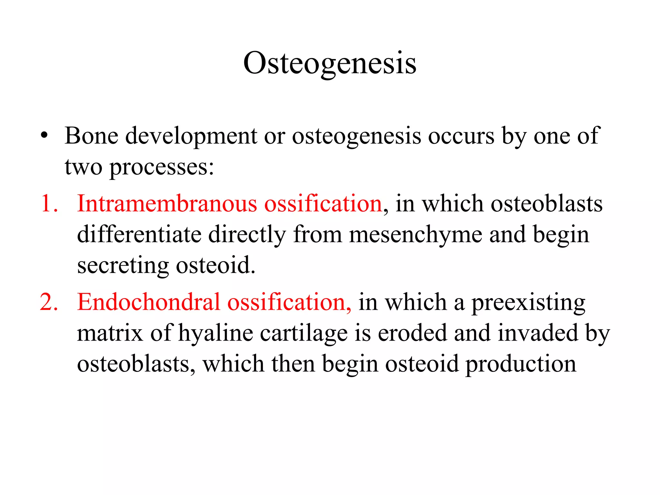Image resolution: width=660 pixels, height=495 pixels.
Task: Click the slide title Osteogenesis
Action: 330,63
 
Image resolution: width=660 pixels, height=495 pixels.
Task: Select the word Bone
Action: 91,136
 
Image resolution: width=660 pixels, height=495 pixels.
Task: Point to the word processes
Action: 161,168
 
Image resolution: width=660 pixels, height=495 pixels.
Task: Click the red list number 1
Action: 48,204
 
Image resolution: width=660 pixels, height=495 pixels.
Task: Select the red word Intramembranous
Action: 167,204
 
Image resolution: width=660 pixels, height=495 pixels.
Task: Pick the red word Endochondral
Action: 148,302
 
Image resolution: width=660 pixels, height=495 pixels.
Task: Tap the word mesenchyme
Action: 415,235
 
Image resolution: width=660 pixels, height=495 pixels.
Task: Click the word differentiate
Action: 139,234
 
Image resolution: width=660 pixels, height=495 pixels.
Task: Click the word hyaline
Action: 215,334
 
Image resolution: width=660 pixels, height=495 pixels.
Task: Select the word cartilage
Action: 304,334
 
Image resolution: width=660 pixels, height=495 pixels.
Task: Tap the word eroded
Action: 412,333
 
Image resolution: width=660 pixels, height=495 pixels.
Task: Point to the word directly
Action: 247,235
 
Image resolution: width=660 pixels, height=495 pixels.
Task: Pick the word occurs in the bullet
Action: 461,136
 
